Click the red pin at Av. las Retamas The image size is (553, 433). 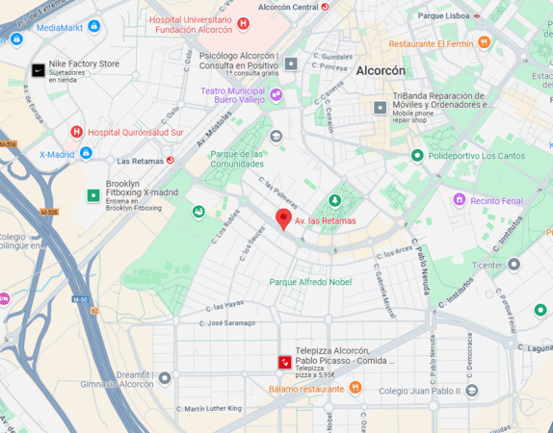(x=283, y=218)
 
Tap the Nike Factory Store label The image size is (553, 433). (x=84, y=64)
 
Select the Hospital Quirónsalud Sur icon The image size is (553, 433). (x=76, y=132)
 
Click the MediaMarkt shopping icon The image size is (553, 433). (x=16, y=39)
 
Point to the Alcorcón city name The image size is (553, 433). (x=381, y=71)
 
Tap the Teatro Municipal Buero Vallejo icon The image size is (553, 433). (x=276, y=94)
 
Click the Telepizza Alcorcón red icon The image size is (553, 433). (x=284, y=362)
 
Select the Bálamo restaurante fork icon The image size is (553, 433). (x=355, y=388)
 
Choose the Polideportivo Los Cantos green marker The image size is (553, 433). (x=417, y=155)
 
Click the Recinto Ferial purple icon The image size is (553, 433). (x=460, y=200)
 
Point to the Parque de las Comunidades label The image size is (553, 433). (x=237, y=159)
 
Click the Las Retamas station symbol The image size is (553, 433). (x=171, y=161)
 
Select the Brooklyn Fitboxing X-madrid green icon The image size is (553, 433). (x=93, y=195)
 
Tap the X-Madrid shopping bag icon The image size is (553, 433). (x=86, y=153)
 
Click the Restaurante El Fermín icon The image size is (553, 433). (x=484, y=43)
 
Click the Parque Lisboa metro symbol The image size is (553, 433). (x=478, y=15)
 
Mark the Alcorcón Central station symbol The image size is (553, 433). (x=325, y=7)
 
